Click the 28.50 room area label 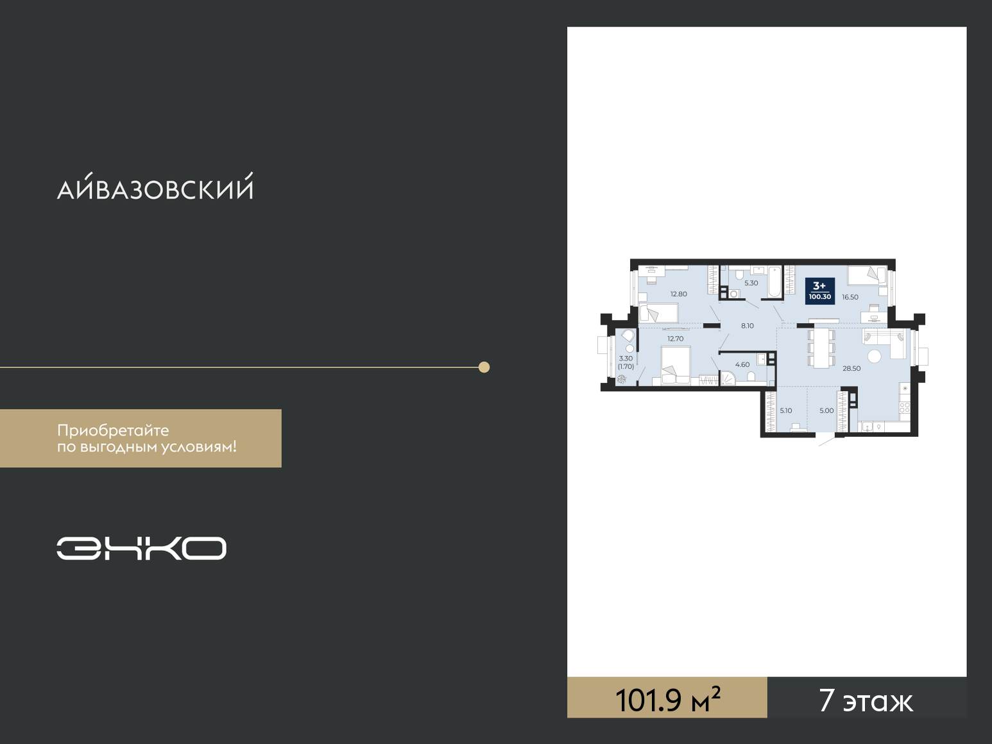click(x=851, y=368)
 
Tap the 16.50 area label click(x=850, y=297)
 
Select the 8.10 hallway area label click(x=748, y=326)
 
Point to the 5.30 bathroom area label click(x=751, y=283)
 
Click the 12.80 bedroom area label click(x=678, y=294)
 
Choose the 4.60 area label click(x=742, y=364)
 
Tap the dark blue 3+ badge click(x=820, y=291)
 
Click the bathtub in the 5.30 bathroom click(x=774, y=282)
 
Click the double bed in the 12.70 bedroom click(x=676, y=365)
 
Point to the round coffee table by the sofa click(x=874, y=356)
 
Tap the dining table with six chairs click(x=821, y=348)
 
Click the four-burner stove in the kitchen click(x=904, y=407)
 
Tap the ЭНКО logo click(x=141, y=548)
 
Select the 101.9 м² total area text click(x=667, y=699)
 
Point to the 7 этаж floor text click(x=866, y=700)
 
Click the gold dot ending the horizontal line click(x=484, y=367)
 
